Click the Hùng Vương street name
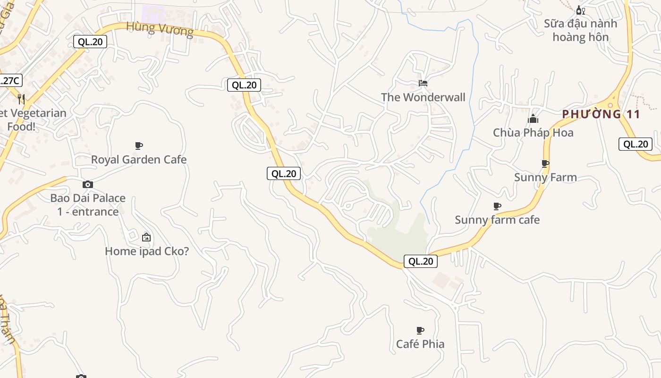(x=160, y=29)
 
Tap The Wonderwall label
(x=423, y=97)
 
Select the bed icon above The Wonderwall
(x=423, y=83)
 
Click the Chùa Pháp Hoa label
(x=533, y=133)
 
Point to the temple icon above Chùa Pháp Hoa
(x=533, y=119)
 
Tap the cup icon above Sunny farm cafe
(x=497, y=206)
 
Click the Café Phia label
(x=420, y=344)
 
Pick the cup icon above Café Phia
(x=420, y=330)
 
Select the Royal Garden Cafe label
(x=139, y=160)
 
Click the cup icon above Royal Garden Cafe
(x=139, y=146)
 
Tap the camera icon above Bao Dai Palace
(x=88, y=184)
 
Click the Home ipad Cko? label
(x=147, y=251)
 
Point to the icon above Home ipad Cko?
(x=146, y=237)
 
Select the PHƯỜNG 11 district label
(x=601, y=114)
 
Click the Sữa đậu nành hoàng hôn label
(x=580, y=30)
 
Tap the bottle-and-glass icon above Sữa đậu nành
(x=580, y=10)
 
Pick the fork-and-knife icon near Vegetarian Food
(x=21, y=99)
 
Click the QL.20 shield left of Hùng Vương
(x=90, y=42)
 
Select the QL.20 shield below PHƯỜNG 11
(x=635, y=144)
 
